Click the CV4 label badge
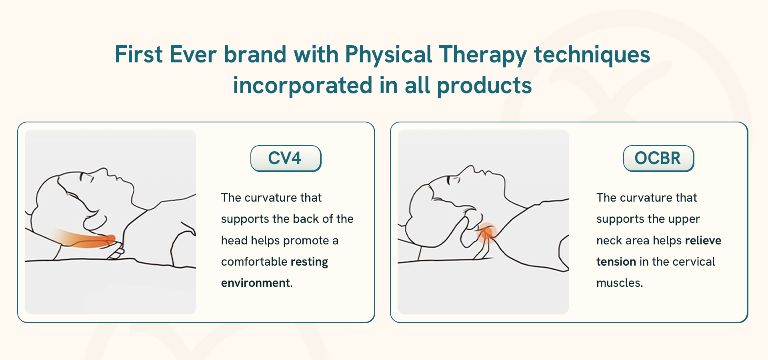[x=286, y=158]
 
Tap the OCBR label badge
[x=658, y=158]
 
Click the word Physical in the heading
[x=388, y=55]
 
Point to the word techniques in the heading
[x=592, y=55]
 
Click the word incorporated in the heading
[x=303, y=86]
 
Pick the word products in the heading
[x=484, y=86]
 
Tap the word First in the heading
[x=139, y=54]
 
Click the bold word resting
[x=309, y=262]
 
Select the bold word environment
[x=256, y=283]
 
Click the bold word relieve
[x=703, y=240]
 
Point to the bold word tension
[x=616, y=262]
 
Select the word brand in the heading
[x=255, y=54]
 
